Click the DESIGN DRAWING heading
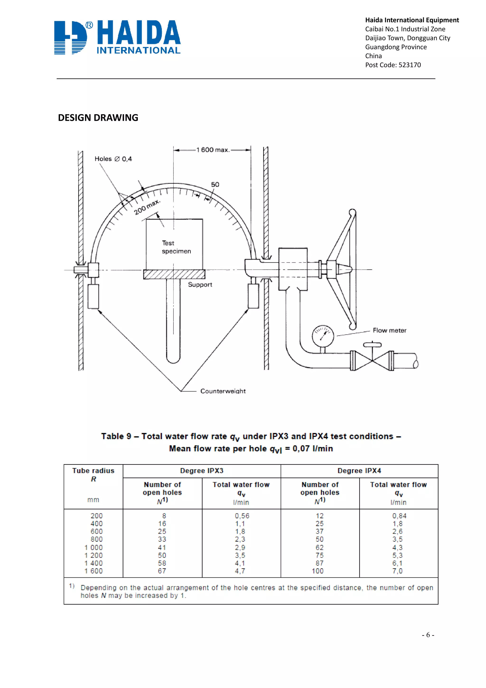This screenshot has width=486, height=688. click(x=98, y=118)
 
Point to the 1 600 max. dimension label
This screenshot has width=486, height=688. click(x=213, y=150)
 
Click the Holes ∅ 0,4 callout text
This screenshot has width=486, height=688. click(x=113, y=159)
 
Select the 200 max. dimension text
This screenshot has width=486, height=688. click(x=147, y=207)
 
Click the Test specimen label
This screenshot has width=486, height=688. click(x=176, y=247)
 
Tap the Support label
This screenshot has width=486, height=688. click(x=200, y=285)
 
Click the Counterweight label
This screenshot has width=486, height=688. click(x=223, y=391)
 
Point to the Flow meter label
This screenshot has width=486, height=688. click(x=389, y=330)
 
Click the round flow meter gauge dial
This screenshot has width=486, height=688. click(x=323, y=336)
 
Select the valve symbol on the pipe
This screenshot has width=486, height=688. click(x=372, y=360)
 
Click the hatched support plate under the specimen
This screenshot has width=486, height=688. click(x=174, y=274)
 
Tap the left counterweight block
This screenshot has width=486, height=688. click(x=93, y=296)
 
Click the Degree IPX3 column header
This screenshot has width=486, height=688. click(x=201, y=471)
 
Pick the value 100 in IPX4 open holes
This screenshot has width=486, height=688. click(x=318, y=571)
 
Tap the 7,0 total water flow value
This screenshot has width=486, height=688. click(x=397, y=571)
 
